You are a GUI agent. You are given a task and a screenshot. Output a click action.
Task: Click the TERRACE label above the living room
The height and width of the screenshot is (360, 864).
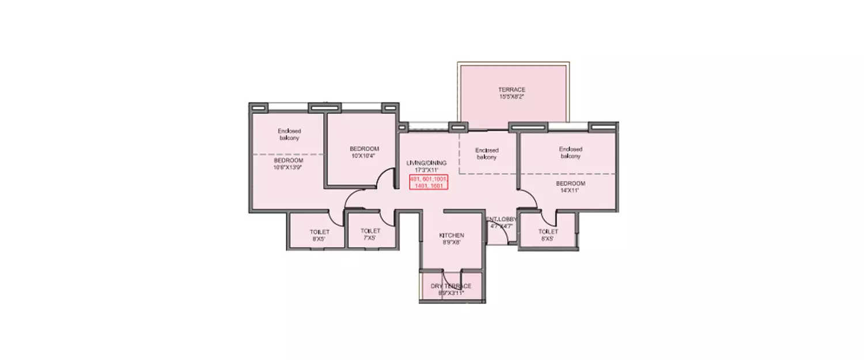511,90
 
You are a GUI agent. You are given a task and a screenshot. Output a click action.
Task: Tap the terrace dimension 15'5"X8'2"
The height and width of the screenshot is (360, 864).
511,97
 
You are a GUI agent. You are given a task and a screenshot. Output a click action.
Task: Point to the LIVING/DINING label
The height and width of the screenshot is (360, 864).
426,163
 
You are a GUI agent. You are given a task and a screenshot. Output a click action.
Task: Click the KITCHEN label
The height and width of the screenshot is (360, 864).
452,236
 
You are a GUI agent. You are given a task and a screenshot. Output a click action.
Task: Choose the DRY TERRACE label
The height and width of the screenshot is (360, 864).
452,286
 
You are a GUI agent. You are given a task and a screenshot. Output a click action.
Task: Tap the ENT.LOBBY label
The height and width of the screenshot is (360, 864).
501,219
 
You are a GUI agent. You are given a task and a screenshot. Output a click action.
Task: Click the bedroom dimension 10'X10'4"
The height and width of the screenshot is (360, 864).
363,156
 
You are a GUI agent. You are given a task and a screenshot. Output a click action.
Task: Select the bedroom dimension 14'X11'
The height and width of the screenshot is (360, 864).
570,191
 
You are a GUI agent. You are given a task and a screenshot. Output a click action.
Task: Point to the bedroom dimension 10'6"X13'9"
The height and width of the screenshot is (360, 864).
288,168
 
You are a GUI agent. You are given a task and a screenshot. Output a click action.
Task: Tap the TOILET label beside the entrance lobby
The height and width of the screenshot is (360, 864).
548,231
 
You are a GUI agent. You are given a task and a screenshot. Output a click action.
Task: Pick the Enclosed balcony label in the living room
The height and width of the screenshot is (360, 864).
486,154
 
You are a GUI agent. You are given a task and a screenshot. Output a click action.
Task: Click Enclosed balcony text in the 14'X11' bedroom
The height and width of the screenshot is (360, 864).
570,153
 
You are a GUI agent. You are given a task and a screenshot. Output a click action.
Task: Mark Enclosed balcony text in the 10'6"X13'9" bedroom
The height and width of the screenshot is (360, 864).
289,134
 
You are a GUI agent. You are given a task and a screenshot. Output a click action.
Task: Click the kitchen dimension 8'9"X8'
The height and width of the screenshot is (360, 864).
452,243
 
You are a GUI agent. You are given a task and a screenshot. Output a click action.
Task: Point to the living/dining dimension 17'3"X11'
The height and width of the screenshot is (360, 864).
426,170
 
